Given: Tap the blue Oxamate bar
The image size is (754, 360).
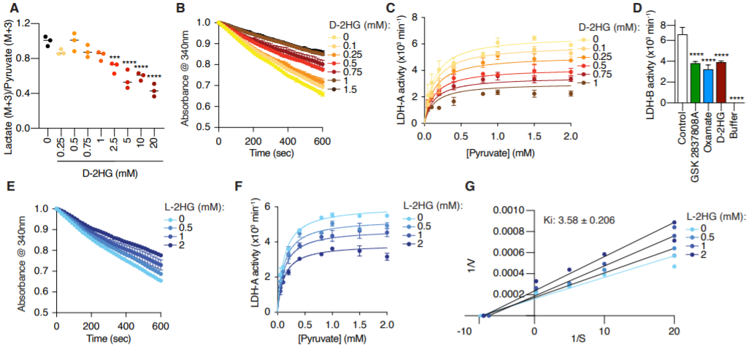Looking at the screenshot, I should (708, 85).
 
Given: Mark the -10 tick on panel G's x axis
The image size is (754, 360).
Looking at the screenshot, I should (463, 330).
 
